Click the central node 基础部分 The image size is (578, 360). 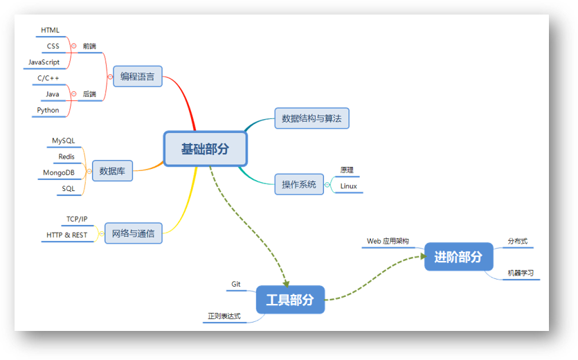[x=205, y=149]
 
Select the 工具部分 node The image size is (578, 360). [x=290, y=300]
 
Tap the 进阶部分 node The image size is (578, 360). [x=458, y=257]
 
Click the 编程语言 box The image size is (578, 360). [x=138, y=76]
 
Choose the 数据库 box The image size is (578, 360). [x=112, y=170]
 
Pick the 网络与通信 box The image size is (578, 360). [x=133, y=233]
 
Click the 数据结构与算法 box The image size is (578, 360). [x=311, y=118]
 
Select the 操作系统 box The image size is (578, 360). [x=299, y=184]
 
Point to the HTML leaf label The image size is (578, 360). [x=50, y=30]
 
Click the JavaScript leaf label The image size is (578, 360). [x=44, y=62]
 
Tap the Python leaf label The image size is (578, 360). [x=48, y=110]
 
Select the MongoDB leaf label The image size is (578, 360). [x=58, y=172]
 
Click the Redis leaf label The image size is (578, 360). [x=66, y=157]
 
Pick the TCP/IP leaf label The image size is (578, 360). [x=77, y=219]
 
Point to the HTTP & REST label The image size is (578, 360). [x=66, y=235]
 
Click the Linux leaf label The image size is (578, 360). [x=349, y=186]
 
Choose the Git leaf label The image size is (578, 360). [x=236, y=285]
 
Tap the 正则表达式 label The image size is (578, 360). [x=224, y=316]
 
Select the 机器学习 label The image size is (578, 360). [x=521, y=273]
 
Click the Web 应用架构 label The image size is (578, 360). [x=388, y=242]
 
